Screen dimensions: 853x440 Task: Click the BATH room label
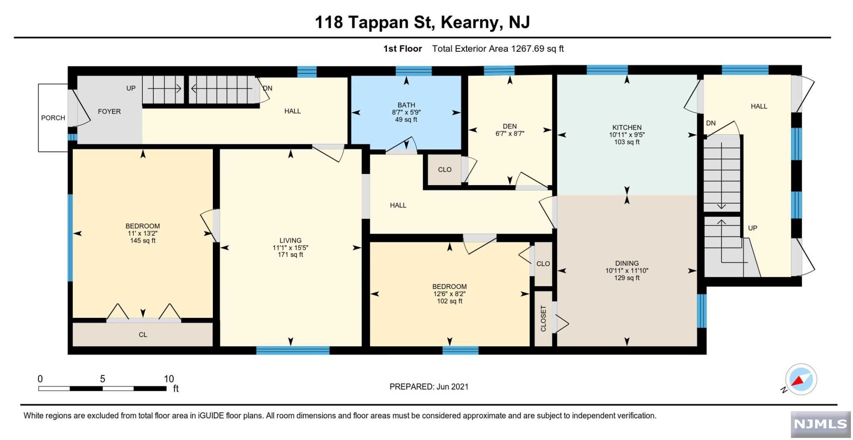406,105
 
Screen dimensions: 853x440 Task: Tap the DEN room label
509,126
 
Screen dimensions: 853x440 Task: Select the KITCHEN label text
627,128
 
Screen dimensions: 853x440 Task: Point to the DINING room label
627,263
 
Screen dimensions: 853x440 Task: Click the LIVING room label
290,240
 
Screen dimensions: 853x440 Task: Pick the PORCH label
53,118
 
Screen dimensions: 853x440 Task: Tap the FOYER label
109,111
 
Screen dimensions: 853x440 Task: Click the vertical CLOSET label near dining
543,319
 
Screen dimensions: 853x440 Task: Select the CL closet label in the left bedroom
143,334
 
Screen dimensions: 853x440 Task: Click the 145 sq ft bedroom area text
143,241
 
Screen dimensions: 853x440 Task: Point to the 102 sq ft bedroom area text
449,301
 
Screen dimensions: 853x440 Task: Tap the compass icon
801,380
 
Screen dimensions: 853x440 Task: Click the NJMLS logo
821,425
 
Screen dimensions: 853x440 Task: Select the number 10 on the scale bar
169,379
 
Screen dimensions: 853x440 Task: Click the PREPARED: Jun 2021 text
429,387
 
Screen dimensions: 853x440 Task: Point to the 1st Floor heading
403,49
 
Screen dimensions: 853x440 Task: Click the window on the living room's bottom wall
293,350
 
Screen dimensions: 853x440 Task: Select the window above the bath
414,71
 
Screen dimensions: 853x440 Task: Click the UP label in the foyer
131,88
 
